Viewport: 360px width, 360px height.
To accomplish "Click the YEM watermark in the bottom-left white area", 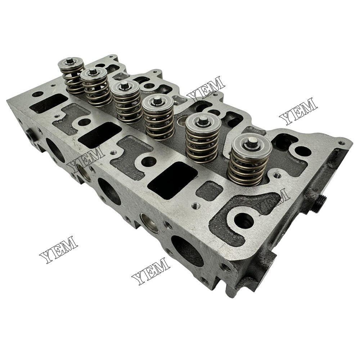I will click(59, 249).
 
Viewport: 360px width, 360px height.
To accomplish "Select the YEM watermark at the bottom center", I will click(151, 271).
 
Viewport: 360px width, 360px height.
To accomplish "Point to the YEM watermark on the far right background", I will click(298, 111).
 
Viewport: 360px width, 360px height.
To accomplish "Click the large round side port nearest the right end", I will click(187, 251).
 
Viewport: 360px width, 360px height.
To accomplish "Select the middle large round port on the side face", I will click(109, 192).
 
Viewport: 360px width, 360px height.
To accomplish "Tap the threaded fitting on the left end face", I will click(30, 135).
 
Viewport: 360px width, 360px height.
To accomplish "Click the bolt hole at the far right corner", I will click(341, 143).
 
